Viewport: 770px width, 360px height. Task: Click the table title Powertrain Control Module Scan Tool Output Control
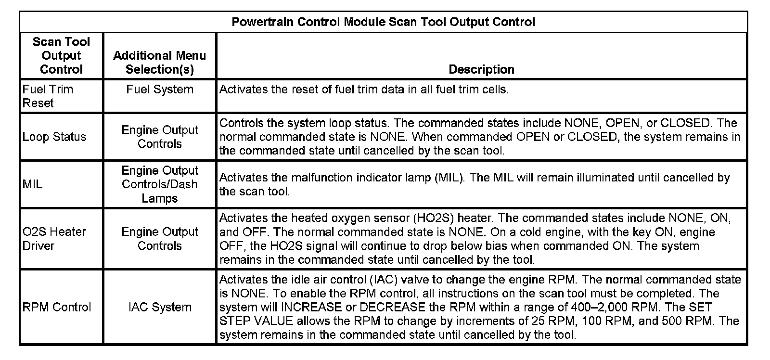[383, 22]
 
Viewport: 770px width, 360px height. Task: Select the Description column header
[481, 69]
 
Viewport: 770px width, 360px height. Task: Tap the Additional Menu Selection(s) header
[159, 63]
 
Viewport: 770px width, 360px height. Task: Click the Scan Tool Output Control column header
[61, 55]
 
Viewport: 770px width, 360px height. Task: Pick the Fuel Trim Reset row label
[48, 96]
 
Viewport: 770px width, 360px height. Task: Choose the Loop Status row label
[54, 137]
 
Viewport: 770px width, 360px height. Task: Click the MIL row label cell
[32, 184]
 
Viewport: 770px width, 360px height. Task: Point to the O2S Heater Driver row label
[54, 239]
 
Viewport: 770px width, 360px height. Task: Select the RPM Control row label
[57, 307]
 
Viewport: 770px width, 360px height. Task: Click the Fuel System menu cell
[160, 89]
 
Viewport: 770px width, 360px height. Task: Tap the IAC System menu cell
[160, 307]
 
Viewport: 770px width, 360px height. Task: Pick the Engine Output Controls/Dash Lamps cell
[160, 184]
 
